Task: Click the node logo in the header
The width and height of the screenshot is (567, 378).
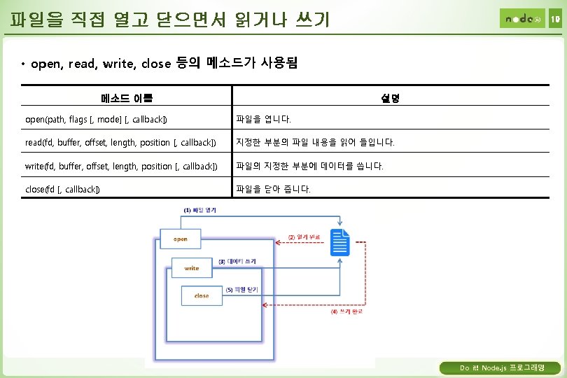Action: click(521, 18)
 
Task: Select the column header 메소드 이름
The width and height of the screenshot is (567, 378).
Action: click(127, 98)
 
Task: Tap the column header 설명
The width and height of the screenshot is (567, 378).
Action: click(391, 98)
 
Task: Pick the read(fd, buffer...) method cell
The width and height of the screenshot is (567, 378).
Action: click(120, 143)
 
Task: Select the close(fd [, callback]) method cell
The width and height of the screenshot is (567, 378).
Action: click(62, 190)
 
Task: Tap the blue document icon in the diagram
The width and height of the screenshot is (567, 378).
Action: click(340, 242)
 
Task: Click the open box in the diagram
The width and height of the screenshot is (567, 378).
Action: click(181, 239)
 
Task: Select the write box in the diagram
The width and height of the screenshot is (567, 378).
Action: click(192, 268)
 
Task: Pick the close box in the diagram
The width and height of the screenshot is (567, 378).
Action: click(201, 296)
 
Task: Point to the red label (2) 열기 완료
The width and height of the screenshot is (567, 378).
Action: click(304, 237)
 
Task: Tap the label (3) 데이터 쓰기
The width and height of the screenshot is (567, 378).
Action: click(237, 261)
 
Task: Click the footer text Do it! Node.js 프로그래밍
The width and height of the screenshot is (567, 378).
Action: click(499, 367)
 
